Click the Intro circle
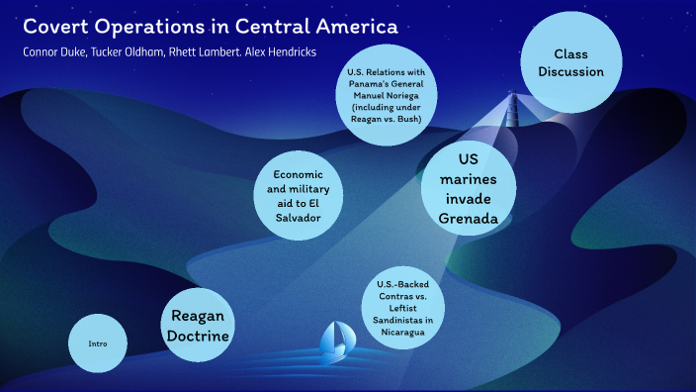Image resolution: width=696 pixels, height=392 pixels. click(x=97, y=343)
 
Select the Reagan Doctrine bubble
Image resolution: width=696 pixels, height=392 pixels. click(x=200, y=326)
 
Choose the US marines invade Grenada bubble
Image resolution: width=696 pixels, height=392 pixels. click(x=470, y=188)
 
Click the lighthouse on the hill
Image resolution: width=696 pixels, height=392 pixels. click(x=512, y=104)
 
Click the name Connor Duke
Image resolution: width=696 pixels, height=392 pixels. click(x=53, y=50)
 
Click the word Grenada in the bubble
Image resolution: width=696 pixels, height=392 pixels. click(x=469, y=218)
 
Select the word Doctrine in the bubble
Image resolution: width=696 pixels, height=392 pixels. click(x=200, y=337)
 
